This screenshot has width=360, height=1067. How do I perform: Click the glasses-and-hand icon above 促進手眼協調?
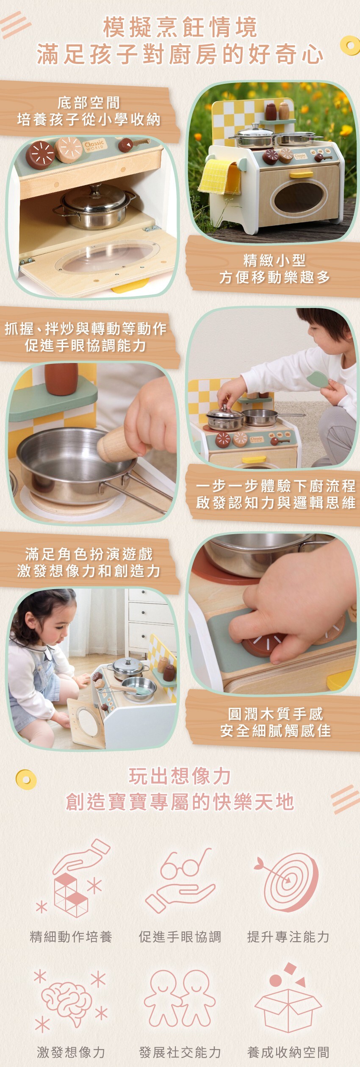pos(180,883)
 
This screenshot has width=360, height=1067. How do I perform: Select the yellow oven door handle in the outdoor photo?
pos(301,174)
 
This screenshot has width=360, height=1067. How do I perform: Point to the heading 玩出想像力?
pos(180,776)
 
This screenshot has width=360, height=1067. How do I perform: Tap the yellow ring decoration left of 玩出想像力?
pos(26,779)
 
